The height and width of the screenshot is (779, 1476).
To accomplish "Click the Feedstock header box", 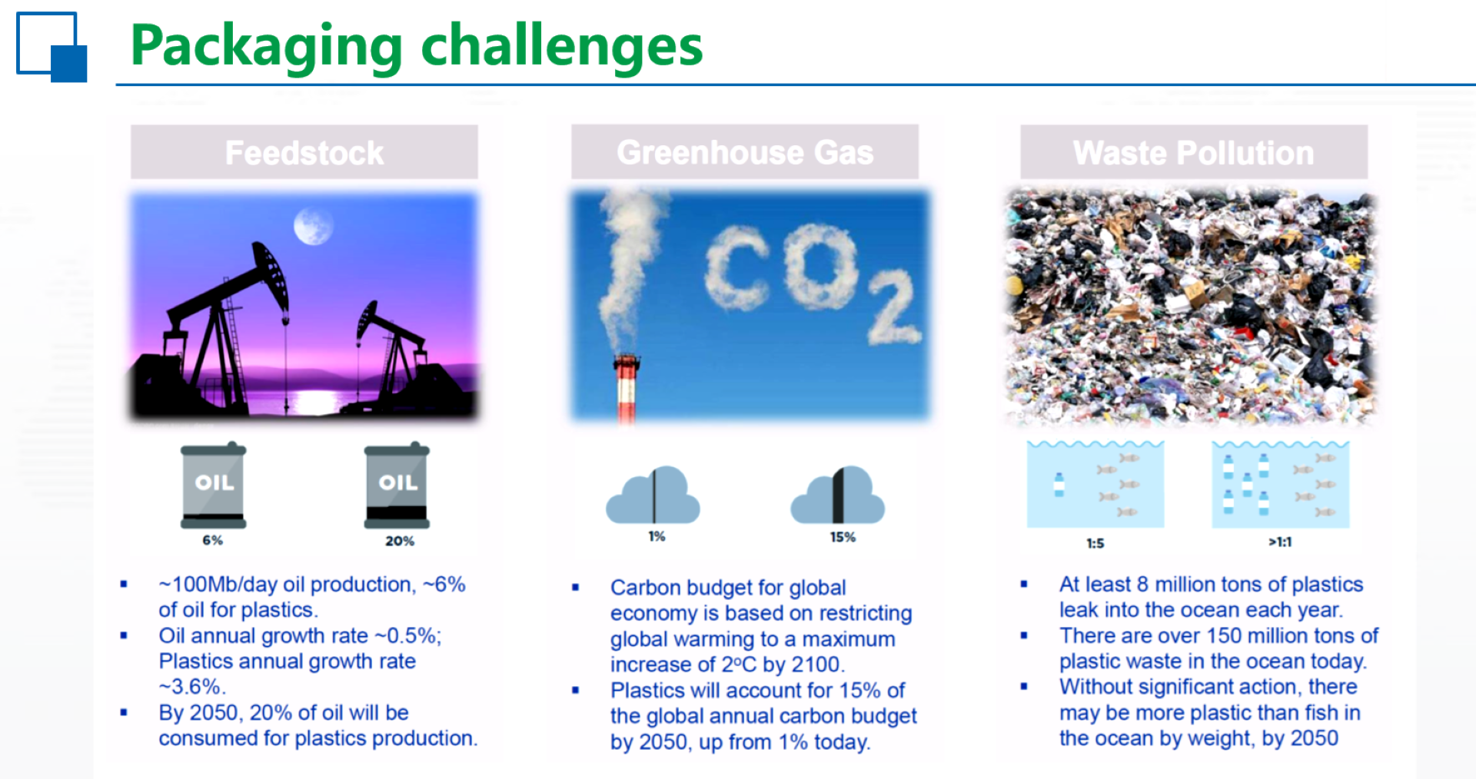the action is pyautogui.click(x=304, y=152).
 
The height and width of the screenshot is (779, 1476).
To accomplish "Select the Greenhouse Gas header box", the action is pyautogui.click(x=745, y=152).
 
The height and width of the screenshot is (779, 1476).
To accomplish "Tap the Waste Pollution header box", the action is pyautogui.click(x=1194, y=152).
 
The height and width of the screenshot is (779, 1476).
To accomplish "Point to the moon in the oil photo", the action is pyautogui.click(x=313, y=226).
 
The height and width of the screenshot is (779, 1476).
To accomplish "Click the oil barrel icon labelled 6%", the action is pyautogui.click(x=214, y=486).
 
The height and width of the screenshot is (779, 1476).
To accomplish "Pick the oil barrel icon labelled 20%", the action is pyautogui.click(x=397, y=486).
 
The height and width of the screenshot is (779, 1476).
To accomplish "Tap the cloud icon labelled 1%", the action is pyautogui.click(x=653, y=496).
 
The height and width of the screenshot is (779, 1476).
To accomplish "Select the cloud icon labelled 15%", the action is pyautogui.click(x=838, y=496).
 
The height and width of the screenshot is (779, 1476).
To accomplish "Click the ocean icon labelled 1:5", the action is pyautogui.click(x=1095, y=484).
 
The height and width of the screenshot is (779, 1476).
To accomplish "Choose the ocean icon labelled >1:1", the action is pyautogui.click(x=1281, y=484).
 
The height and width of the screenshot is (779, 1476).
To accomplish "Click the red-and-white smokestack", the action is pyautogui.click(x=627, y=388).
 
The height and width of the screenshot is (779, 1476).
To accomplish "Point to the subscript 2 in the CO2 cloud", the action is pyautogui.click(x=893, y=307).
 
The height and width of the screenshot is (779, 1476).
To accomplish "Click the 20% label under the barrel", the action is pyautogui.click(x=400, y=541).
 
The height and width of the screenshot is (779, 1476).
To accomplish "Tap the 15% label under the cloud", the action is pyautogui.click(x=843, y=537).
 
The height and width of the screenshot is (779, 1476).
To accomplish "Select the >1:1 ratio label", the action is pyautogui.click(x=1280, y=542).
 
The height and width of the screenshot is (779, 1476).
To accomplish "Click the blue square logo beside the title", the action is pyautogui.click(x=52, y=47).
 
